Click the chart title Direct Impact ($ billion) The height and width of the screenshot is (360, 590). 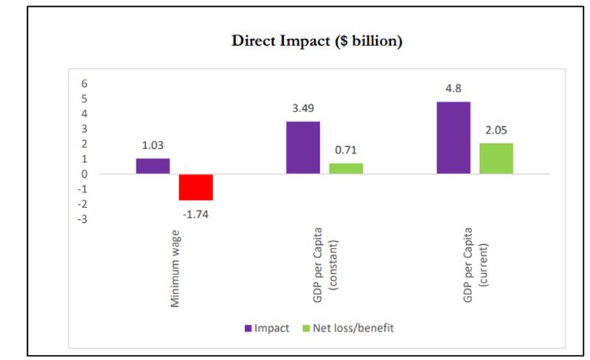click(316, 42)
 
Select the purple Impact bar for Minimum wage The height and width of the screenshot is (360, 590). click(153, 166)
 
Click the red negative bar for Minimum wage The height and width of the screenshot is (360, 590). click(195, 187)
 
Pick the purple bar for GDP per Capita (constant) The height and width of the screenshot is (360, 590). click(303, 148)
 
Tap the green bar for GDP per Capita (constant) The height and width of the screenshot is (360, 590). click(346, 168)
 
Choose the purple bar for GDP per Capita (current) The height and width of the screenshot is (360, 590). click(454, 138)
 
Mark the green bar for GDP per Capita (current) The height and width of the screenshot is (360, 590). click(496, 159)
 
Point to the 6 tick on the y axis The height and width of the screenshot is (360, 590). click(86, 83)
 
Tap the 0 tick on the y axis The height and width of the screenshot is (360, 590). click(86, 174)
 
